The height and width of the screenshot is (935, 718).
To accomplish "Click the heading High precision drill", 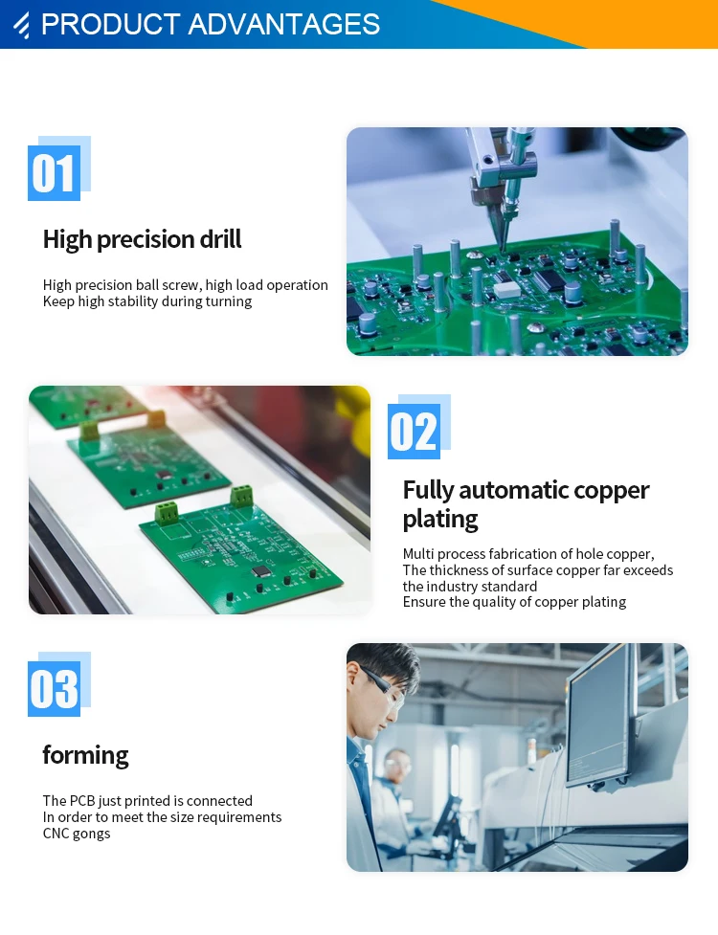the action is [142, 239].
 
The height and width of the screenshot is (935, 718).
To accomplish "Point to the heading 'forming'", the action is [85, 755].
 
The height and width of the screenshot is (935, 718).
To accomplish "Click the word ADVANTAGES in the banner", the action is [284, 25].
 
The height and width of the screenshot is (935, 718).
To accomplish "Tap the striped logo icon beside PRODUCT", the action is [22, 25].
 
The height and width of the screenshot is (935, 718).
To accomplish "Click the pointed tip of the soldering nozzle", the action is [502, 251].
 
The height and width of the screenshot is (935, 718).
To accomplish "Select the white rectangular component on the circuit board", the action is [505, 290].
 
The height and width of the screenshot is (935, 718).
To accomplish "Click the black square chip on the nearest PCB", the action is [260, 571].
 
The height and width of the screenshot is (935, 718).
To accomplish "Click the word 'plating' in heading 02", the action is [440, 519].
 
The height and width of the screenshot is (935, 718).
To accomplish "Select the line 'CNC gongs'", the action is [77, 834].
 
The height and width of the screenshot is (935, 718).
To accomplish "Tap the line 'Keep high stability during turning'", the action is [147, 301].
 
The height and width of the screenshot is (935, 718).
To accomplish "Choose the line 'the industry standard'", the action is [470, 586].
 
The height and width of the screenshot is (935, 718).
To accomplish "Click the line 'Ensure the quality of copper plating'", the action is [514, 602].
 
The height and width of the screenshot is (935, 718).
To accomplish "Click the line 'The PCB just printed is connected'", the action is [147, 801].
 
